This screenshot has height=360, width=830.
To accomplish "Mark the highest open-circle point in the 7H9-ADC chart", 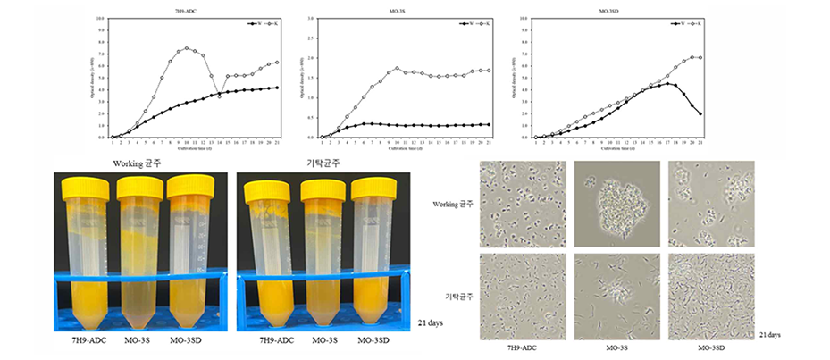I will point(187,48).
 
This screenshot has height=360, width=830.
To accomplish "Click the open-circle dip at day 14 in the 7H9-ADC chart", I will point(220,96).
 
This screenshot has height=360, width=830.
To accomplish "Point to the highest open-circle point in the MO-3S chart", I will point(398,68).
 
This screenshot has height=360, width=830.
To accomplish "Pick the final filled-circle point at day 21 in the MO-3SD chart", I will point(700,113).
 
